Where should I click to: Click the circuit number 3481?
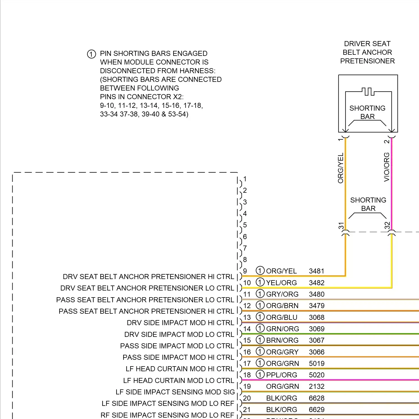pyautogui.click(x=316, y=271)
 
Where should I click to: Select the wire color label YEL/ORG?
pyautogui.click(x=281, y=283)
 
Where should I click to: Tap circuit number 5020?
pyautogui.click(x=316, y=375)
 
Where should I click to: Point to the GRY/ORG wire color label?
pyautogui.click(x=282, y=294)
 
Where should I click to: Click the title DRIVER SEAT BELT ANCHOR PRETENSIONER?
pyautogui.click(x=367, y=52)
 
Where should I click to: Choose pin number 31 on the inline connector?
pyautogui.click(x=341, y=226)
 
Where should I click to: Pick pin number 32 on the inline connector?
pyautogui.click(x=387, y=225)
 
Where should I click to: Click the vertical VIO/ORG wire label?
pyautogui.click(x=387, y=167)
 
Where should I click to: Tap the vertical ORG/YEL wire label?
pyautogui.click(x=341, y=168)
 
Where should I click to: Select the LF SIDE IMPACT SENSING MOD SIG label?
pyautogui.click(x=175, y=392)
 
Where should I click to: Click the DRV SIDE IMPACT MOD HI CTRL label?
pyautogui.click(x=180, y=323)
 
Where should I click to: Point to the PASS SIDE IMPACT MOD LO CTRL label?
pyautogui.click(x=177, y=346)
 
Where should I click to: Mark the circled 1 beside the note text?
pyautogui.click(x=91, y=54)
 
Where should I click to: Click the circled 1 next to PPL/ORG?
pyautogui.click(x=260, y=375)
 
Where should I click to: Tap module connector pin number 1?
pyautogui.click(x=245, y=179)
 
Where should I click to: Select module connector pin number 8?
pyautogui.click(x=245, y=260)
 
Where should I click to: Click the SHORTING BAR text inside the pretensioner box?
pyautogui.click(x=367, y=112)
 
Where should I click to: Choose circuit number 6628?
pyautogui.click(x=316, y=398)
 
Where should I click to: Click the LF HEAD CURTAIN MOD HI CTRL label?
pyautogui.click(x=180, y=369)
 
